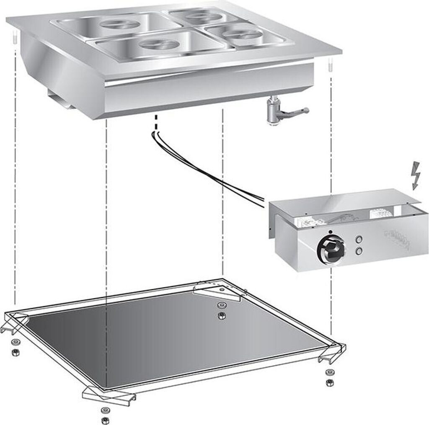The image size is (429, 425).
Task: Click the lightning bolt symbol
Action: click(x=416, y=175)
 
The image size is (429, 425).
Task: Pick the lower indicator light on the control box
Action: click(x=359, y=251)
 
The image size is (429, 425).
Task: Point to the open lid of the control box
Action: click(x=348, y=201)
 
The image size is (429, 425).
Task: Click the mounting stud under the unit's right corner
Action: click(x=330, y=66)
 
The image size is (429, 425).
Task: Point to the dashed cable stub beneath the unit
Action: click(x=156, y=121)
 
